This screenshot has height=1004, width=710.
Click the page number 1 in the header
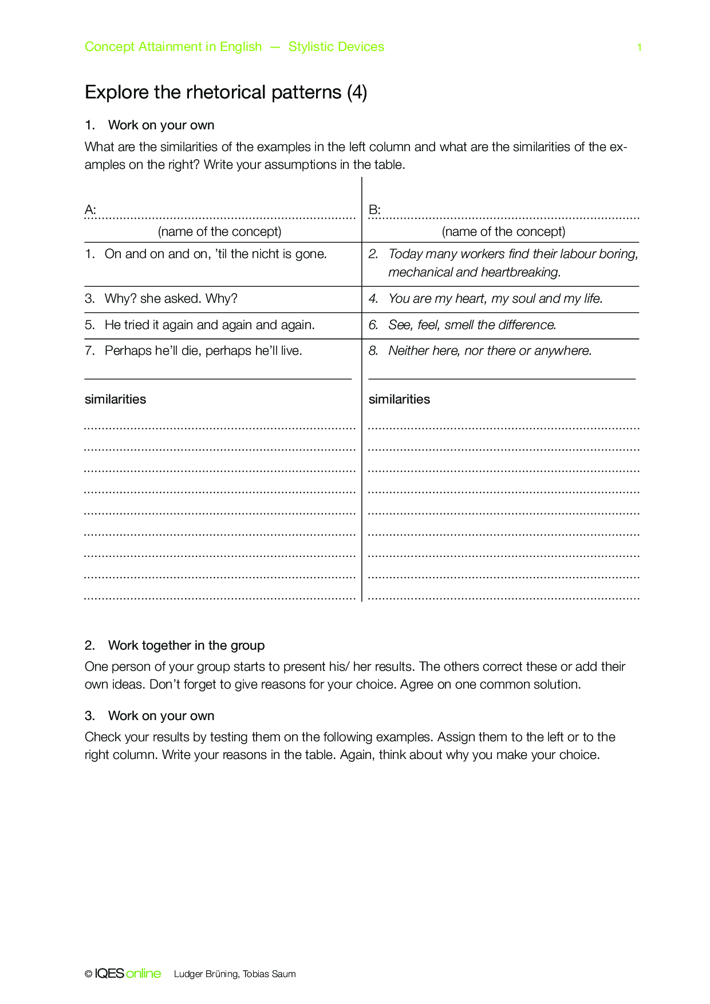pos(639,48)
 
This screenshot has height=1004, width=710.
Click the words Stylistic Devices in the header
pos(336,47)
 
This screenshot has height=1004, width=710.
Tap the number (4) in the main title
pos(357,92)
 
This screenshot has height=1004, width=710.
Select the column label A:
pos(90,210)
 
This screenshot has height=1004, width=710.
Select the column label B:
pos(374,210)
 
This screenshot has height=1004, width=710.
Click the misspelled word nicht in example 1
pos(266,254)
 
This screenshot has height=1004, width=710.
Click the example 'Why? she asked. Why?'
pos(171,299)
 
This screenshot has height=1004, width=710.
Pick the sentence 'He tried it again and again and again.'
pos(210,325)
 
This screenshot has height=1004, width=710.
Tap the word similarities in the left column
pos(115,400)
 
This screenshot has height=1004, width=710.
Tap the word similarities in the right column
pos(399,400)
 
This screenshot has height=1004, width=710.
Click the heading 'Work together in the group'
pos(186,646)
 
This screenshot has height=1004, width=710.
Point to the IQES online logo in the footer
pos(127,974)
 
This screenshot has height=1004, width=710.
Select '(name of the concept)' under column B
pos(503,232)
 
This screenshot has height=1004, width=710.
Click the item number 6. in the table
pos(373,325)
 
